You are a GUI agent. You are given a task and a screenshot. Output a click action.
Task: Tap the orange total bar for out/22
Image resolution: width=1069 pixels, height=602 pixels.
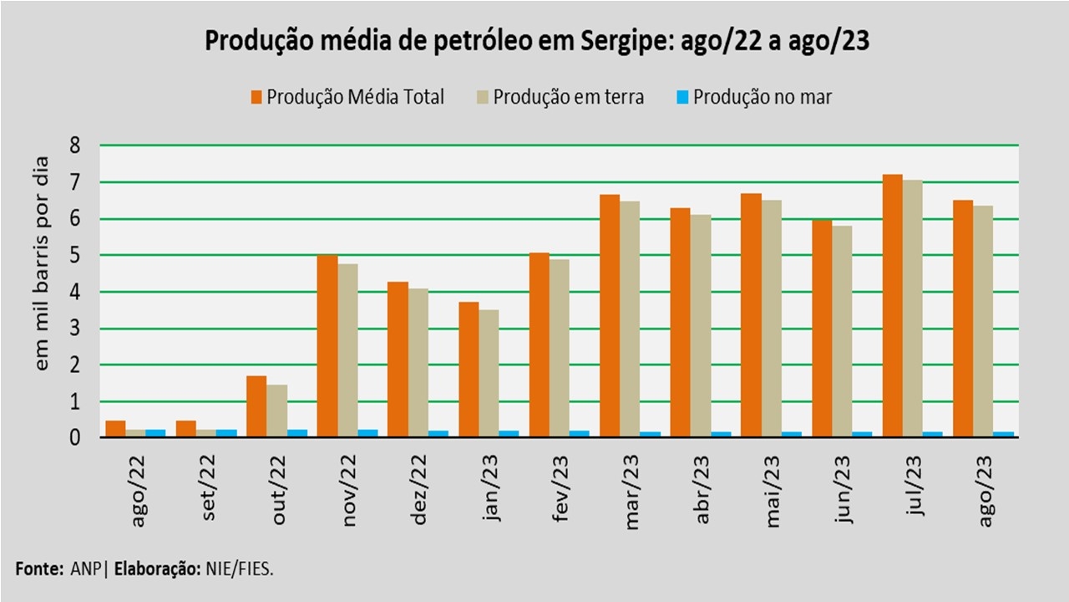[256, 406]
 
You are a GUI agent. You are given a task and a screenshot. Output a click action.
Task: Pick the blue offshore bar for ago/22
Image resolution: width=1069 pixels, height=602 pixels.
[155, 433]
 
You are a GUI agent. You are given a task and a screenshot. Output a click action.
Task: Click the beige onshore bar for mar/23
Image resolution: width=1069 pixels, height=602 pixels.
[631, 319]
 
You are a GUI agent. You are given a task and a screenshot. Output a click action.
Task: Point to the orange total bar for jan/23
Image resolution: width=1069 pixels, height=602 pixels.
[469, 370]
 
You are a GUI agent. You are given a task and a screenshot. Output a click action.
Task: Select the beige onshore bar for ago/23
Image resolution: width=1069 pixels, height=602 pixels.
[984, 321]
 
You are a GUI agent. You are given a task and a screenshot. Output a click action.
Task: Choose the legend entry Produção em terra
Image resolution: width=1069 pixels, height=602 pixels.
[568, 97]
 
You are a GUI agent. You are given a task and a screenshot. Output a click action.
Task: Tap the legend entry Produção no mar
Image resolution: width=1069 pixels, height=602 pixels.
[762, 97]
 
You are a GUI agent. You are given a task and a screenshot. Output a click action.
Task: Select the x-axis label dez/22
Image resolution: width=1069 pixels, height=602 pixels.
[420, 489]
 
